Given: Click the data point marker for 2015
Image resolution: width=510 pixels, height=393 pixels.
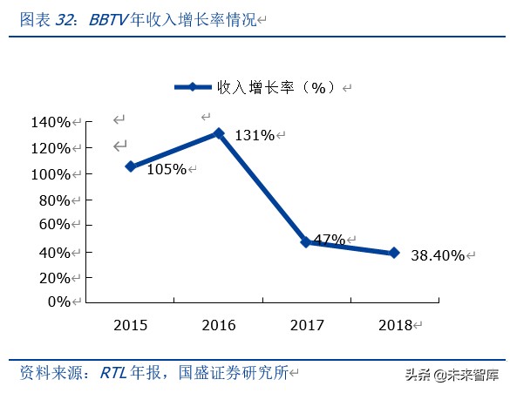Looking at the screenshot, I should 131,166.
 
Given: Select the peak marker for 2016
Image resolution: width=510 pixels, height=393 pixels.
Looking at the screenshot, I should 219,133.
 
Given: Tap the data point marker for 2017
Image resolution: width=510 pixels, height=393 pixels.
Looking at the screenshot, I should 306,242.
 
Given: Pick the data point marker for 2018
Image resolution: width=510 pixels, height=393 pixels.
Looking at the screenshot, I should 394,253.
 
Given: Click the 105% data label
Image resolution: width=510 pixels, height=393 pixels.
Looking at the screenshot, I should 166,169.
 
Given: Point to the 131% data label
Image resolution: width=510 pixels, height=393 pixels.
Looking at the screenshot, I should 255,135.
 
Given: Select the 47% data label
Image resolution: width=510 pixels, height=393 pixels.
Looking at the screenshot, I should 329,240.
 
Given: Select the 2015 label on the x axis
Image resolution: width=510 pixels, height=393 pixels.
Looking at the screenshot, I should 131,325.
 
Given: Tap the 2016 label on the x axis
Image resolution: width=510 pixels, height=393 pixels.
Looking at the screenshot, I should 219,325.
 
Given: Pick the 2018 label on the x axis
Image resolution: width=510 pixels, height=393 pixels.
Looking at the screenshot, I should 395,325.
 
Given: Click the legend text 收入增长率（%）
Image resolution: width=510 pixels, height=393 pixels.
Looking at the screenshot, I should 275,88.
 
